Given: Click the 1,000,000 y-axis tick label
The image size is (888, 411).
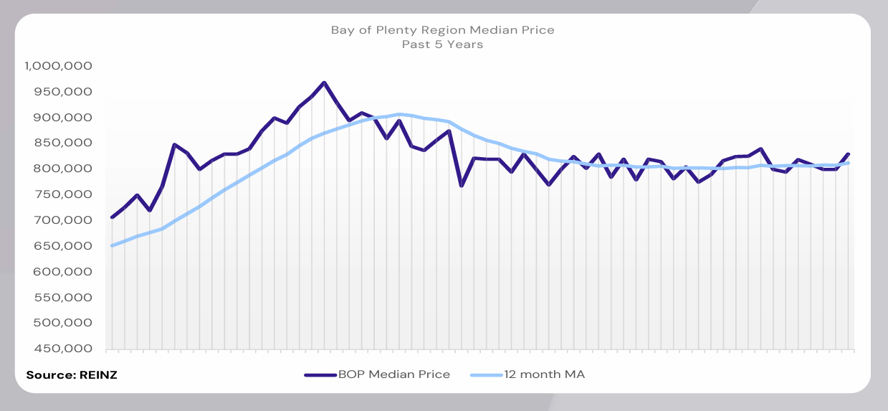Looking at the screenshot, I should (x=60, y=66).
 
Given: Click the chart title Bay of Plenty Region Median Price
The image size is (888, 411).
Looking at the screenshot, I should (x=442, y=30).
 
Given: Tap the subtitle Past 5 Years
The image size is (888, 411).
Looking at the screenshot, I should (x=442, y=44).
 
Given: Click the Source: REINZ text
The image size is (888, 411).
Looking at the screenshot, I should (x=72, y=375).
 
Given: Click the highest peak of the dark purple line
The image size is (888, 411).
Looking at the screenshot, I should (x=324, y=82).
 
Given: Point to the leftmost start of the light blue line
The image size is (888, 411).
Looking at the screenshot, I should (x=112, y=246).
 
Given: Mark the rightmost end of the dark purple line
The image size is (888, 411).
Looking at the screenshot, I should (x=849, y=154).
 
